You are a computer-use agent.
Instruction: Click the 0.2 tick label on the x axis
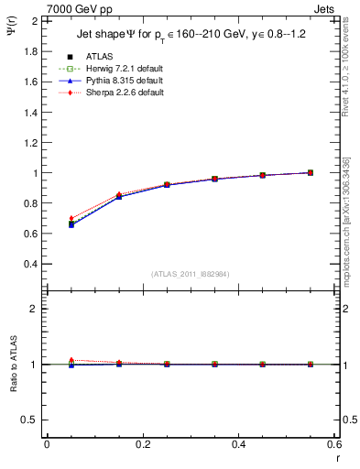[x=142, y=444]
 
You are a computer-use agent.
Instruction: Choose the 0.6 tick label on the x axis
[x=334, y=444]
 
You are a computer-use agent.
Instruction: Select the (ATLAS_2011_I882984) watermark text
[x=190, y=274]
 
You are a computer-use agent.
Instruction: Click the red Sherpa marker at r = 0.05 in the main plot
[x=47, y=218]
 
